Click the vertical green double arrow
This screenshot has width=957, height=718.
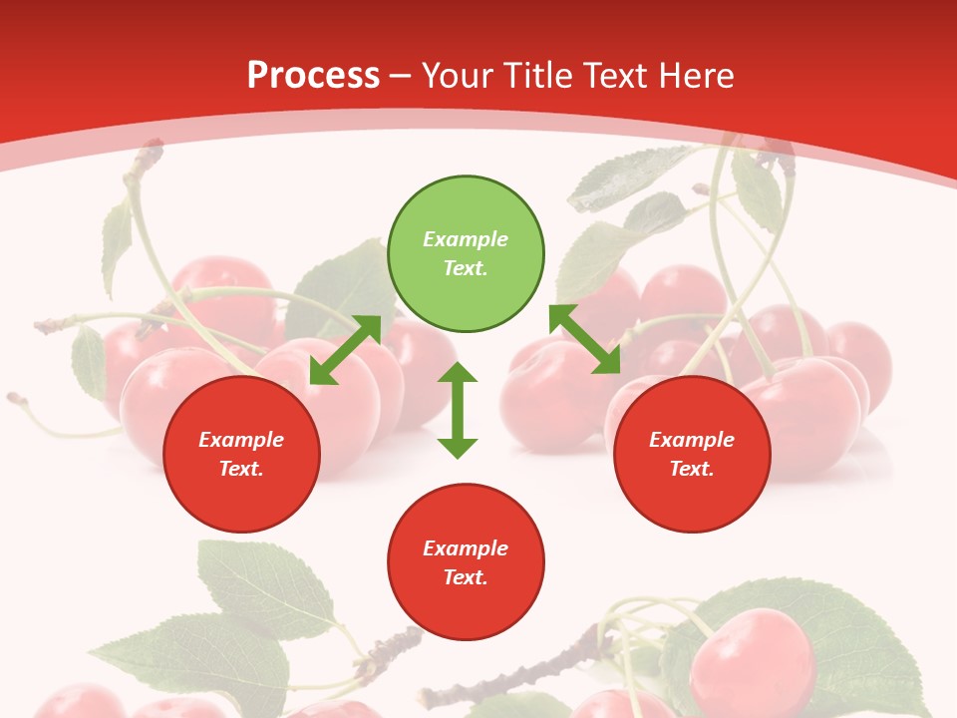[458, 410]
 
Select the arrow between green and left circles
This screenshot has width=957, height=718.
[345, 350]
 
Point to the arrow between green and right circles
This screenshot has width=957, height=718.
[585, 339]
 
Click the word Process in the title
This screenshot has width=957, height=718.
[313, 75]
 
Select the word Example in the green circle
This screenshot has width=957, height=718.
[466, 239]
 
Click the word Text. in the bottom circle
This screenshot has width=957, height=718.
[466, 577]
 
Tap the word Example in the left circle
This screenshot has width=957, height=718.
[241, 440]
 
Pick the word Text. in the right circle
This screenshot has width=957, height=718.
[692, 469]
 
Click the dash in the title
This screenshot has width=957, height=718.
[401, 75]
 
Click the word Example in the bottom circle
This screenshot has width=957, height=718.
[466, 548]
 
